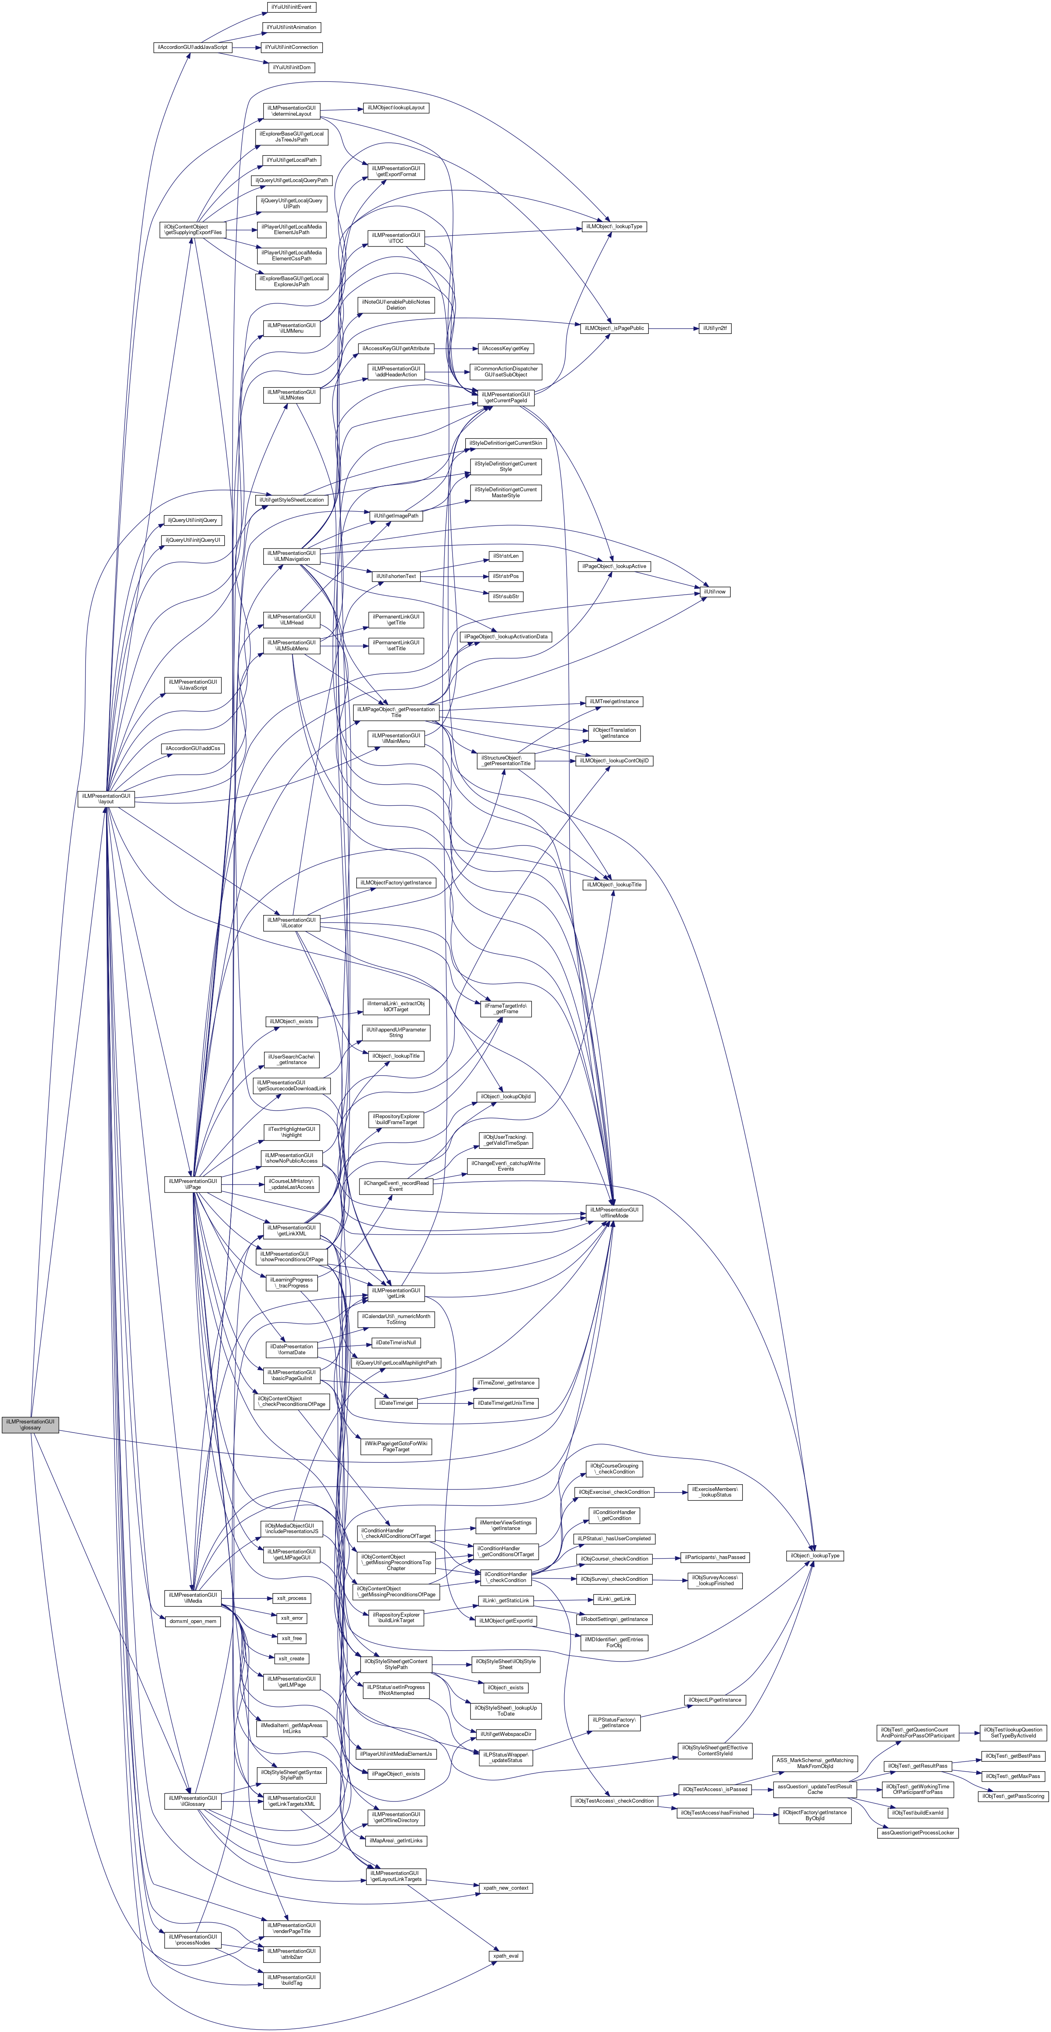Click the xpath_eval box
pyautogui.click(x=506, y=1956)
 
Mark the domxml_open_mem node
pyautogui.click(x=193, y=1621)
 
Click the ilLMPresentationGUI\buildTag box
pyautogui.click(x=291, y=1981)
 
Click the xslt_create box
pyautogui.click(x=291, y=1658)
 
